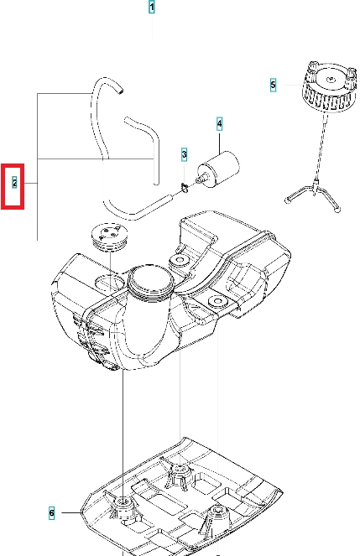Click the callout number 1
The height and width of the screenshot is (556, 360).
pos(152,7)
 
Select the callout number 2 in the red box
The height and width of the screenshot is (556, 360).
pos(14,182)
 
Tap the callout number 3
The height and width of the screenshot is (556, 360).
pos(184,154)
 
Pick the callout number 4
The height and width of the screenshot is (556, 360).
pos(220,124)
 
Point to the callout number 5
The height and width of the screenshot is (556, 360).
pos(273,85)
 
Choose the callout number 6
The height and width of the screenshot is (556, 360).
pos(52,512)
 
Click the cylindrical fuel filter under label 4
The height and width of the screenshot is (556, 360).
pos(219,169)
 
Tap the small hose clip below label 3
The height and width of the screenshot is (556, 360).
pos(185,187)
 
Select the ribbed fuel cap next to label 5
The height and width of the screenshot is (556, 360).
pos(329,87)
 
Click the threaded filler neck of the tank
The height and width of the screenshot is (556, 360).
pos(151,283)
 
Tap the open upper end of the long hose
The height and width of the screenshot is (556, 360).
pos(121,91)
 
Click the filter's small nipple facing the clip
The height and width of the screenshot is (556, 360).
pos(201,179)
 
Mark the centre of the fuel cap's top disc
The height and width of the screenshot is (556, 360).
pos(331,79)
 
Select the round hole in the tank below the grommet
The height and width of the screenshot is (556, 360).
pos(110,283)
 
